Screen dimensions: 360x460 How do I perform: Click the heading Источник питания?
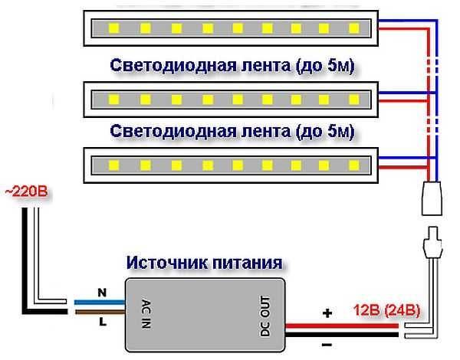(203, 263)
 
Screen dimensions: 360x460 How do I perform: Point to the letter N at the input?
(100, 292)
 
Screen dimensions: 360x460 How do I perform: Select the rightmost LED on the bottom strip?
(354, 164)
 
